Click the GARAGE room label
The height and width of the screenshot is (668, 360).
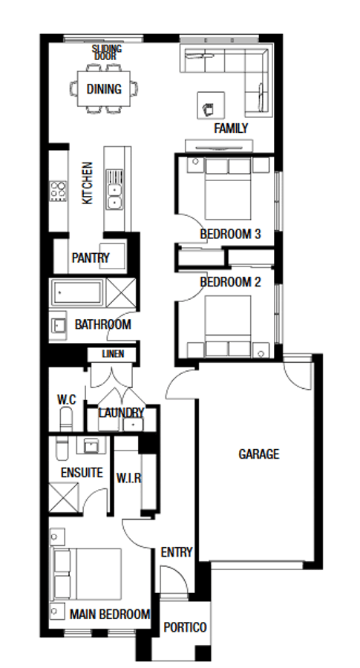point(258,454)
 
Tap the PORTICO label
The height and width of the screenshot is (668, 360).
point(185,627)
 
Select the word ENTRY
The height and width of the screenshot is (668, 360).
point(177,552)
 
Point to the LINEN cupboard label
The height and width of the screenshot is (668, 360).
point(113,353)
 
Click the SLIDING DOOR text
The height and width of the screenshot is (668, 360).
point(106,53)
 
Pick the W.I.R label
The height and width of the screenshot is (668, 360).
point(128,478)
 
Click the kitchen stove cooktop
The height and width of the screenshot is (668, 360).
point(58,191)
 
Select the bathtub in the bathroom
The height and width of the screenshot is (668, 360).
point(76,292)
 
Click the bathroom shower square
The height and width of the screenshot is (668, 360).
point(121,292)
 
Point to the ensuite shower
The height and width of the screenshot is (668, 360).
point(64,497)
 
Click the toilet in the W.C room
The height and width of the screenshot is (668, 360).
point(66,419)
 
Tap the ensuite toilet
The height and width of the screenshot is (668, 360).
point(62,448)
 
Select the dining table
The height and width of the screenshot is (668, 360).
point(103,88)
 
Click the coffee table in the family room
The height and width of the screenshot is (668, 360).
point(211,105)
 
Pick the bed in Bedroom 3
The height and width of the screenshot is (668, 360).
point(228,189)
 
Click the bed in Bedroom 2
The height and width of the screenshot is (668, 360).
point(228,327)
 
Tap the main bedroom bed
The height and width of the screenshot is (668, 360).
point(87,574)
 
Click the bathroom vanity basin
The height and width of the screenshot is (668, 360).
point(57,326)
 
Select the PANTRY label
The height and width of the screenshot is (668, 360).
point(91,258)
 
